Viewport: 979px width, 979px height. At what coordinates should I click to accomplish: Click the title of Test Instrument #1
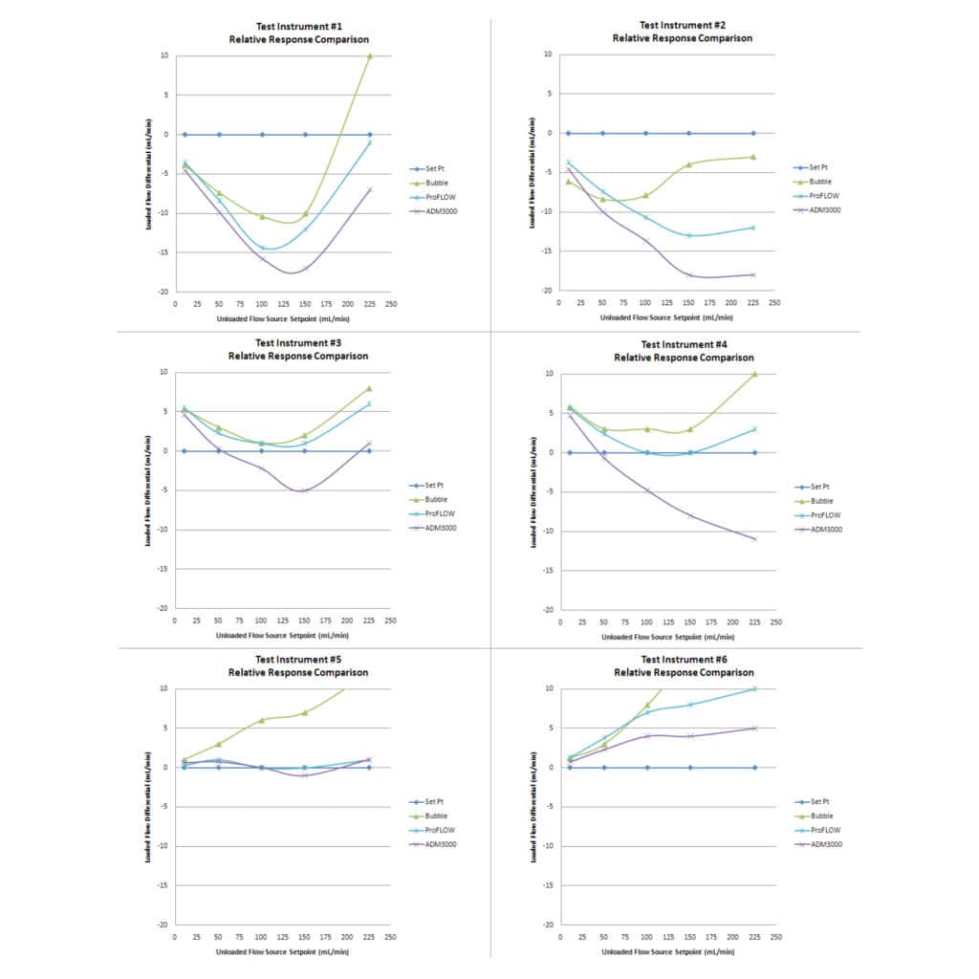click(x=298, y=33)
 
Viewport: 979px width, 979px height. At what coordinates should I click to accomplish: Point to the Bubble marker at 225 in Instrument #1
click(x=370, y=56)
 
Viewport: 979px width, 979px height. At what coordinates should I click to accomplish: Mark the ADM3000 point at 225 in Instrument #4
click(x=754, y=539)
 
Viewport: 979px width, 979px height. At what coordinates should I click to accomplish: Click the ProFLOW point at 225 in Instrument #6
click(x=754, y=688)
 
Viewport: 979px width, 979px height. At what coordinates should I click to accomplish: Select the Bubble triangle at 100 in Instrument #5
click(x=262, y=720)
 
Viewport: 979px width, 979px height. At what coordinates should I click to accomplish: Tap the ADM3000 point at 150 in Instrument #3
click(x=305, y=490)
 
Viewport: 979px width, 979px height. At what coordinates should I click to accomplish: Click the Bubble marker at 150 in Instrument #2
click(x=688, y=164)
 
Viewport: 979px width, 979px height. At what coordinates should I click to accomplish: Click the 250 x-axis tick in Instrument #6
click(x=775, y=937)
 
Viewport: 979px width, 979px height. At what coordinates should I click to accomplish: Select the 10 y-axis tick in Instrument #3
click(x=163, y=372)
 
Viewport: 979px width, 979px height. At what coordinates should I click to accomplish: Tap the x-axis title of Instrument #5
click(x=282, y=951)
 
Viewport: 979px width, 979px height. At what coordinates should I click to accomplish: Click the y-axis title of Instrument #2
click(x=532, y=173)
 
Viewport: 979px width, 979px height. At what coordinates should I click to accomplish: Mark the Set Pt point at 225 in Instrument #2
click(x=752, y=133)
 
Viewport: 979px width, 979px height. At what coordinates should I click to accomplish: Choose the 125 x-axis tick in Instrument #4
click(x=668, y=621)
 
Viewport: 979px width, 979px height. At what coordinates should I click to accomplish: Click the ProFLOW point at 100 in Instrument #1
click(x=262, y=248)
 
